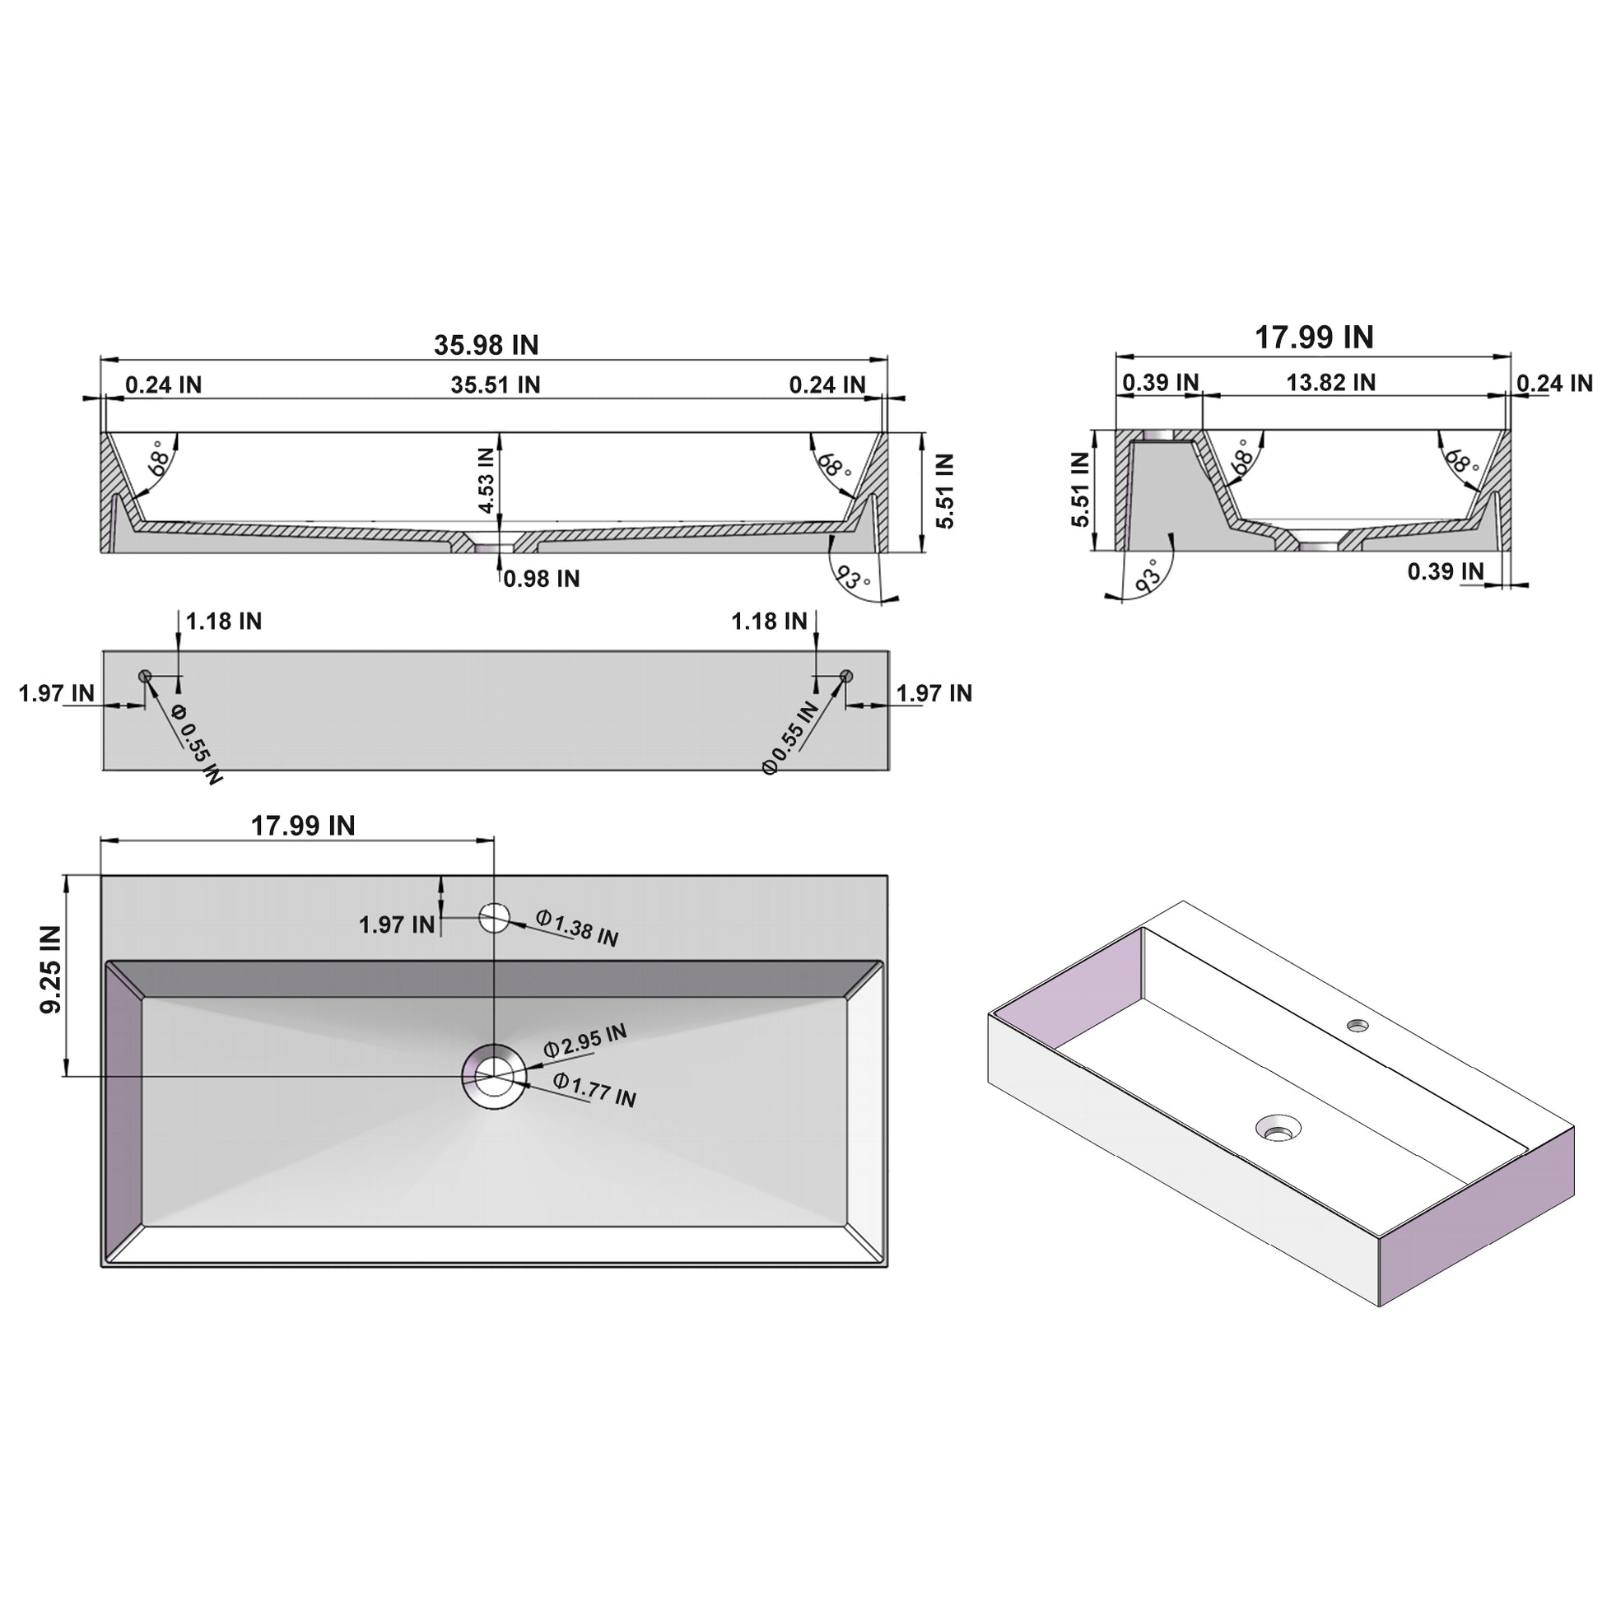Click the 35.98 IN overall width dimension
tap(486, 345)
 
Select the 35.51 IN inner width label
tap(495, 384)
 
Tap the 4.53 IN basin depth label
tap(487, 481)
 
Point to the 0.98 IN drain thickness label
tap(542, 579)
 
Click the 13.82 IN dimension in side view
tap(1330, 382)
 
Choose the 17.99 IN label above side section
tap(1313, 338)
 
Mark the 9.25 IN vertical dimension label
tap(50, 969)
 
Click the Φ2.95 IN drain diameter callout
tap(584, 1041)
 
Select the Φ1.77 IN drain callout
tap(594, 1091)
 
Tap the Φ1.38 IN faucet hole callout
tap(577, 928)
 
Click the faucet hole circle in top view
tap(494, 918)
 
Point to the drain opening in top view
tap(494, 1076)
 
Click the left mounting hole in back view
tap(145, 676)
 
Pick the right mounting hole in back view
tap(845, 676)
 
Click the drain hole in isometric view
tap(1278, 1128)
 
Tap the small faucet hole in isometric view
tap(1358, 1025)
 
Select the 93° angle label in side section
tap(1148, 575)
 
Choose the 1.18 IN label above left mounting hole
tap(223, 621)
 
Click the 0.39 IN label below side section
tap(1446, 571)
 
